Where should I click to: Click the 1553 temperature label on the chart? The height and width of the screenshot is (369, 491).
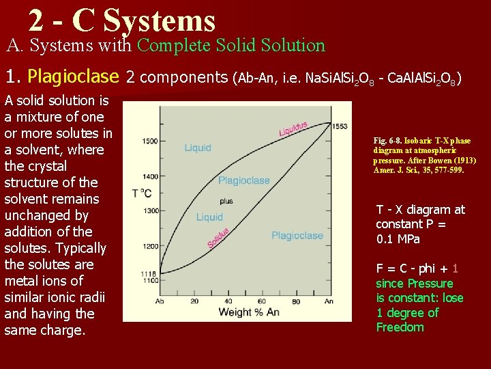point(340,126)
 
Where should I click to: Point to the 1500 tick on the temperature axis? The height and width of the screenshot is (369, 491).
point(149,141)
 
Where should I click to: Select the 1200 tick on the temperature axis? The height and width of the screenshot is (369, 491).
point(149,245)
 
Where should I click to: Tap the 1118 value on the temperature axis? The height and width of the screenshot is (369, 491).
point(149,274)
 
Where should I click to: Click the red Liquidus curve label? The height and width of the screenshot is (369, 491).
point(293,129)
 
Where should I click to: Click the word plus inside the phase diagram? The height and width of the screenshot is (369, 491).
point(226,202)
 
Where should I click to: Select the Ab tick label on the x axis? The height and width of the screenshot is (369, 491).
point(160,301)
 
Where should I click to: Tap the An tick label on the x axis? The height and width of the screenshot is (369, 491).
point(329,301)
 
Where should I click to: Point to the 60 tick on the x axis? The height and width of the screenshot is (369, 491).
point(261,301)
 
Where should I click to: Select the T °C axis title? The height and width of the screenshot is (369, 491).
point(142,193)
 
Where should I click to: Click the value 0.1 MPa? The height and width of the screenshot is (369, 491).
point(398,239)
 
